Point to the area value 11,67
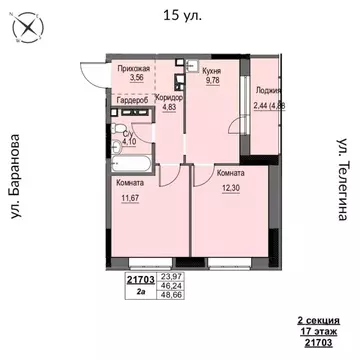pyautogui.click(x=130, y=198)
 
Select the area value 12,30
pyautogui.click(x=229, y=186)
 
